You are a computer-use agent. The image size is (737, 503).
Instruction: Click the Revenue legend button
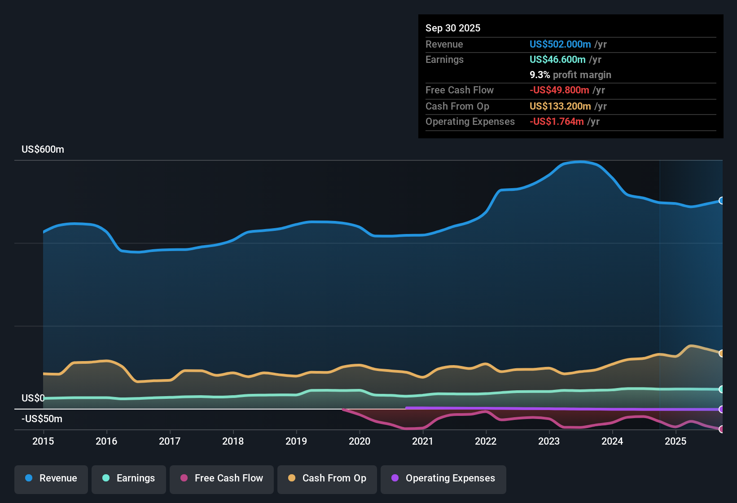51,479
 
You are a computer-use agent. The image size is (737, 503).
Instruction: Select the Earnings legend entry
129,479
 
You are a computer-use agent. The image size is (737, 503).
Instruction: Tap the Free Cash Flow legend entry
222,479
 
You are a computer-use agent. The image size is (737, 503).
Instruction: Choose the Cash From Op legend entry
327,479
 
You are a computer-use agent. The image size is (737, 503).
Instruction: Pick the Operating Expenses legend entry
443,479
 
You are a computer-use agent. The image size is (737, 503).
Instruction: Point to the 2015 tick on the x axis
43,441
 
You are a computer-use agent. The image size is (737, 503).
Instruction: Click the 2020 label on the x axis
360,441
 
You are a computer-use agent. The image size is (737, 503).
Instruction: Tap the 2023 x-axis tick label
549,441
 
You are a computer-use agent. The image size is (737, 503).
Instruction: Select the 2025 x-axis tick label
676,441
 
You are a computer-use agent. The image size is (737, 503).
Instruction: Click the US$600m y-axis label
43,150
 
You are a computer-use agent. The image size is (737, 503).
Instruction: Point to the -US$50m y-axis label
42,419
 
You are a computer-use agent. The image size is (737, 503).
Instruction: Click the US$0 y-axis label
33,398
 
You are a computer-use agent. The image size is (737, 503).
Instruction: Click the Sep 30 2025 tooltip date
453,28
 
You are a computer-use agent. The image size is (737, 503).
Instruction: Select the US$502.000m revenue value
560,44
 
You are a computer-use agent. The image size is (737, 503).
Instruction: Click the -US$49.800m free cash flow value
559,90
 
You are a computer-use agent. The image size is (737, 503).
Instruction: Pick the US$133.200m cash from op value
560,106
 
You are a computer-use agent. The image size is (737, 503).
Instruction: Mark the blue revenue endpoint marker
721,201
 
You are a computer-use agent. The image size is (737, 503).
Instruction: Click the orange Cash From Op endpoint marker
721,353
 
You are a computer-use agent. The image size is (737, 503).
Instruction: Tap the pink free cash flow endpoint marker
721,429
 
